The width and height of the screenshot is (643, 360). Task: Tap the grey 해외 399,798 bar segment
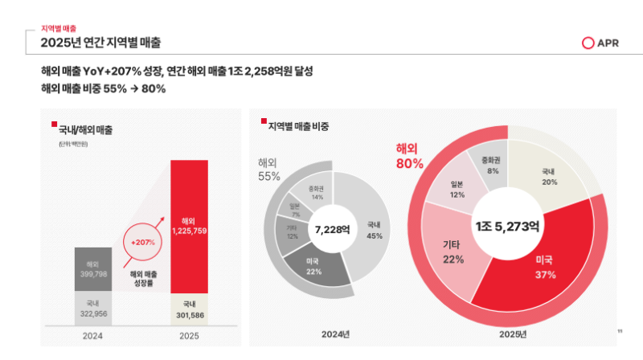pos(92,269)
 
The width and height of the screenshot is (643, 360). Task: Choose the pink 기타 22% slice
pos(453,251)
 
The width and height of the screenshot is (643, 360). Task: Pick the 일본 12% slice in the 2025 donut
pos(458,189)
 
